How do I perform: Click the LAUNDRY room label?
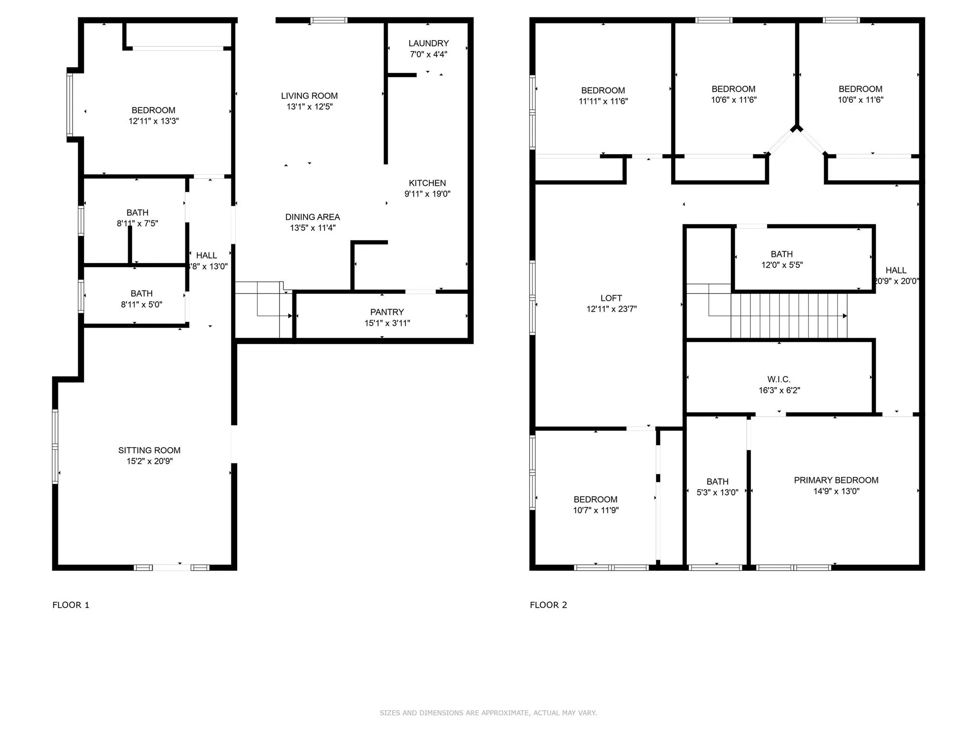point(428,43)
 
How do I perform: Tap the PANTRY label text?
point(387,312)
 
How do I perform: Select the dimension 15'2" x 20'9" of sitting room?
point(150,461)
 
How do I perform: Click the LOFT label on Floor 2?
point(611,298)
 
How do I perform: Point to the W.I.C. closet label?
point(779,379)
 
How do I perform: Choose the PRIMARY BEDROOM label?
point(836,480)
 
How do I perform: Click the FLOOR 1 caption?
point(71,605)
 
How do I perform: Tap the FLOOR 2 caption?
point(548,605)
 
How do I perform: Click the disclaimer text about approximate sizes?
point(488,713)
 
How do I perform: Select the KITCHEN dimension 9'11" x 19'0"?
point(427,194)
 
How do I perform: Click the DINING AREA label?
point(312,217)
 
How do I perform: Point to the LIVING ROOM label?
point(309,96)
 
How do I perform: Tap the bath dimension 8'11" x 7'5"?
point(137,223)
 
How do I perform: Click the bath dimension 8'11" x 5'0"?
point(142,304)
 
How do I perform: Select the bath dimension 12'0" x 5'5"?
point(782,265)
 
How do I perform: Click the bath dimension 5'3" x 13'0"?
point(717,492)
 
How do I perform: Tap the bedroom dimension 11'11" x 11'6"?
point(603,101)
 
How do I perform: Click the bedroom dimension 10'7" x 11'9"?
point(595,510)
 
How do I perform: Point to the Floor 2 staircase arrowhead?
point(844,316)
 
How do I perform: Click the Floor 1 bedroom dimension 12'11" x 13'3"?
point(154,121)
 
